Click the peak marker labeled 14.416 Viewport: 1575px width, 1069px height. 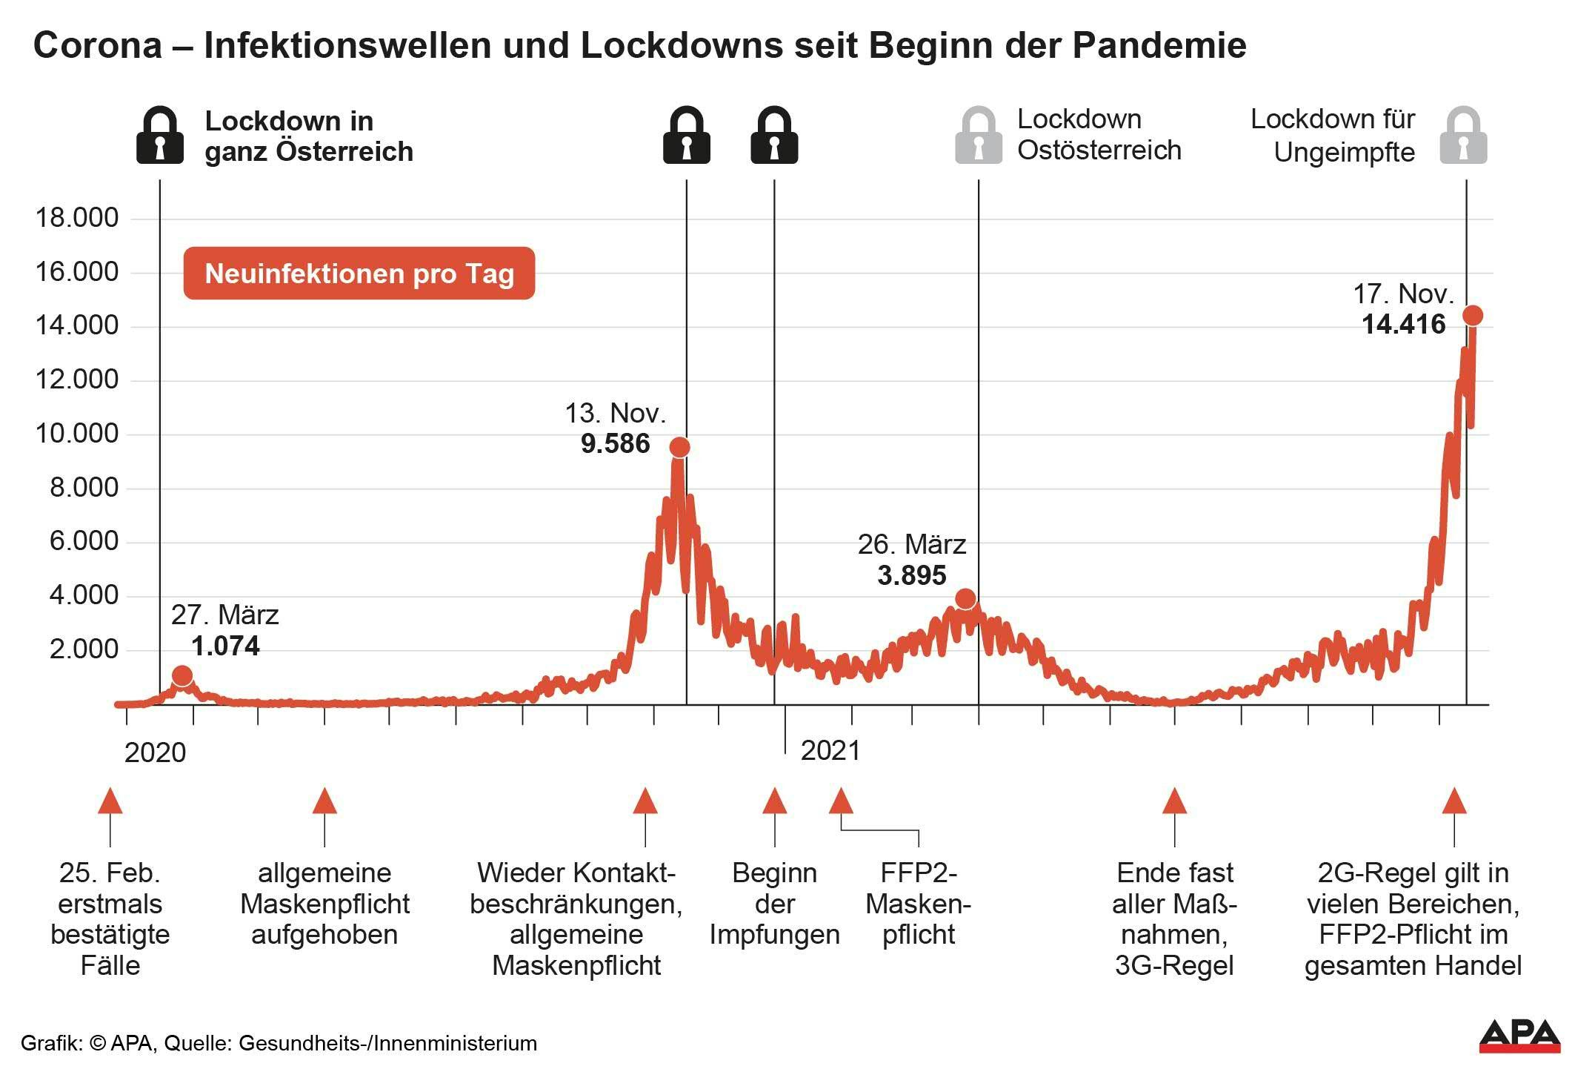click(1472, 315)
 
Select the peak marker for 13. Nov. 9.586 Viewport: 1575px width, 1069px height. click(679, 447)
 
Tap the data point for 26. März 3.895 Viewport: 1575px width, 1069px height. click(965, 598)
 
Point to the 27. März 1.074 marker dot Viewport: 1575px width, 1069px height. click(182, 675)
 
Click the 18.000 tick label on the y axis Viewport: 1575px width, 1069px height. click(77, 218)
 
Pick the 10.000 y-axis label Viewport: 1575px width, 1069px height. click(77, 434)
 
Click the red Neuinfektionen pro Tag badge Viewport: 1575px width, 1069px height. click(359, 274)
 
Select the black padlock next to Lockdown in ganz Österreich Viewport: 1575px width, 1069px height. click(160, 136)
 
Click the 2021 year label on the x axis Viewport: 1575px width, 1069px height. click(830, 751)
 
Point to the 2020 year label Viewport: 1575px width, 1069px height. click(155, 753)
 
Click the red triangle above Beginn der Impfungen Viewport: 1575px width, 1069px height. click(774, 801)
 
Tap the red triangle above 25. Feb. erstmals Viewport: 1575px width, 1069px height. click(110, 801)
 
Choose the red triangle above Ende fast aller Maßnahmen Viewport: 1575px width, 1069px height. click(1174, 801)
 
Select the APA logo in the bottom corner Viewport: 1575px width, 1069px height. click(1519, 1035)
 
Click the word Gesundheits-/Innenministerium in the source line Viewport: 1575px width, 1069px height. click(387, 1044)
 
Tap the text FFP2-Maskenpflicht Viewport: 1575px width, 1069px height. click(918, 904)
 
